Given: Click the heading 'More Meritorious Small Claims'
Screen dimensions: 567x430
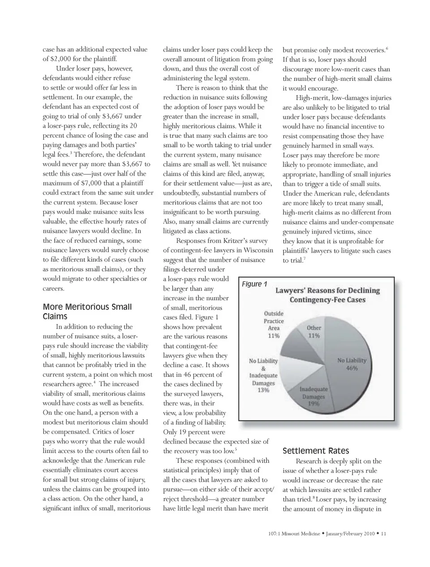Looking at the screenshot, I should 87,312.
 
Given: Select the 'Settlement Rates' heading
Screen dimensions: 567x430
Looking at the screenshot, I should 315,451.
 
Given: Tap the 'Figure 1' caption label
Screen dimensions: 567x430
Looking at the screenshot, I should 254,284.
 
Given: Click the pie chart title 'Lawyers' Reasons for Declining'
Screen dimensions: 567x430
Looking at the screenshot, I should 327,290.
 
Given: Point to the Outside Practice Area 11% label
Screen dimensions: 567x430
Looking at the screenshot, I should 274,325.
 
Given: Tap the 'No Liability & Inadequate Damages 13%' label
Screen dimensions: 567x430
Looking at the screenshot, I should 263,375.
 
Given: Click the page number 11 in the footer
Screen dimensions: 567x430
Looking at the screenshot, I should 383,533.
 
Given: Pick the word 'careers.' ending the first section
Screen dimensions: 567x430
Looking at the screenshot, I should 53,288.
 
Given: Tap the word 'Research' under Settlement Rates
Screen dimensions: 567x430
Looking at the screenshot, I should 310,461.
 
